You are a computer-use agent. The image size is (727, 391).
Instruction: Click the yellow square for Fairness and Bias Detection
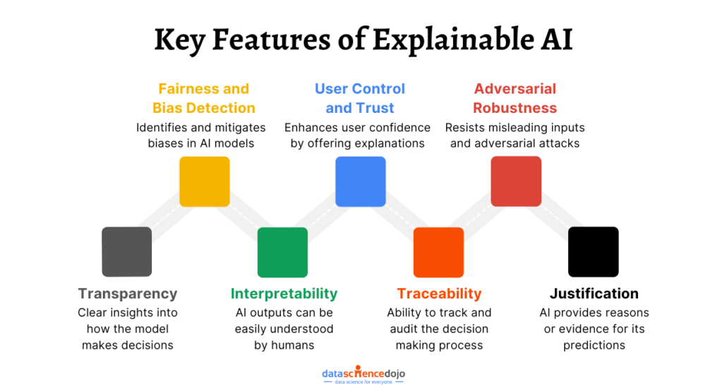pyautogui.click(x=205, y=181)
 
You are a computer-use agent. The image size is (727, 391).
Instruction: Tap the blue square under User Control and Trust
pyautogui.click(x=360, y=181)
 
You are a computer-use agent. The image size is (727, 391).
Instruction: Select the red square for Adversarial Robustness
pyautogui.click(x=516, y=181)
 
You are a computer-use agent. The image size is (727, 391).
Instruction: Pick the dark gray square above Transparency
pyautogui.click(x=127, y=252)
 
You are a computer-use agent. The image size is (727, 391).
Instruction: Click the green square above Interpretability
pyautogui.click(x=282, y=252)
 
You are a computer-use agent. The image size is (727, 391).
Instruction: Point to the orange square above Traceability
pyautogui.click(x=438, y=252)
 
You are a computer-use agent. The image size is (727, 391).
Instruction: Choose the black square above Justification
pyautogui.click(x=594, y=252)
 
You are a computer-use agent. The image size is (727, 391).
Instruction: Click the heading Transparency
pyautogui.click(x=128, y=294)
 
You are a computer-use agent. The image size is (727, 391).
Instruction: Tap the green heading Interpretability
pyautogui.click(x=284, y=294)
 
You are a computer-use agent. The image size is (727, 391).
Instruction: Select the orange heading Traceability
pyautogui.click(x=439, y=294)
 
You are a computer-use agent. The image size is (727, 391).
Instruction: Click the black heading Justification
pyautogui.click(x=594, y=294)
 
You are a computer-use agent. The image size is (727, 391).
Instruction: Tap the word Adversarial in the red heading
pyautogui.click(x=515, y=89)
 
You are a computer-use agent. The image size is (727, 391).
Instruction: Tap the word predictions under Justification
pyautogui.click(x=594, y=346)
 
